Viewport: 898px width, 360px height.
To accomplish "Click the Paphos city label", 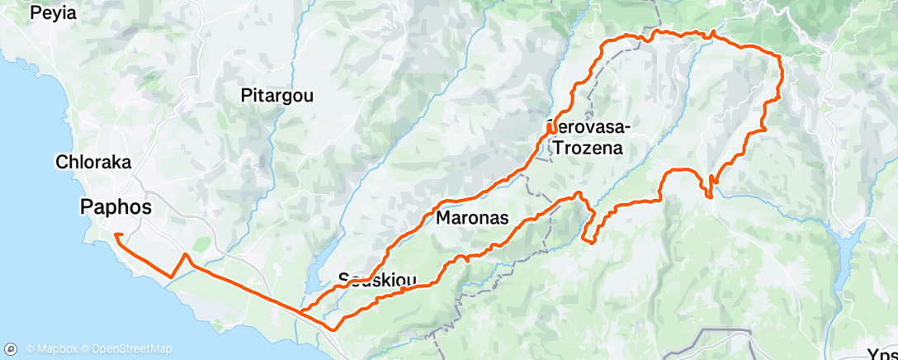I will [116, 207].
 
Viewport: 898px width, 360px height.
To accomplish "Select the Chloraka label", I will [93, 163].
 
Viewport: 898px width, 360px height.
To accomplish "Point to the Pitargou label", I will [276, 96].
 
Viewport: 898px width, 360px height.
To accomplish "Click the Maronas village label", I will [471, 218].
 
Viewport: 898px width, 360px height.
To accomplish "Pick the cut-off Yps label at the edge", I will [882, 350].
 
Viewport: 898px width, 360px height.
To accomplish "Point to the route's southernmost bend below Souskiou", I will [333, 329].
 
